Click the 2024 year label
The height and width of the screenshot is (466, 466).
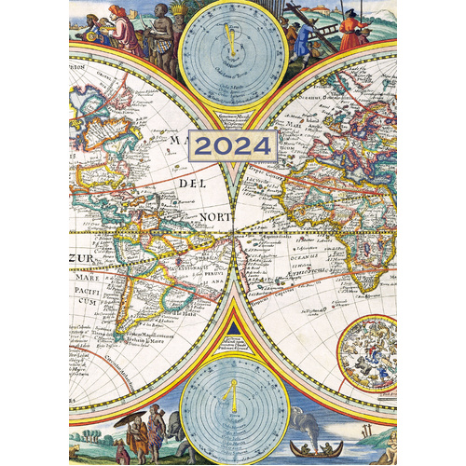point(233,144)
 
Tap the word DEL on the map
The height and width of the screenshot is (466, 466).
point(187,184)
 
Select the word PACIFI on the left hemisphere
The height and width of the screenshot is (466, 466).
point(88,289)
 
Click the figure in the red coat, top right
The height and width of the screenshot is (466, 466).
point(353,28)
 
